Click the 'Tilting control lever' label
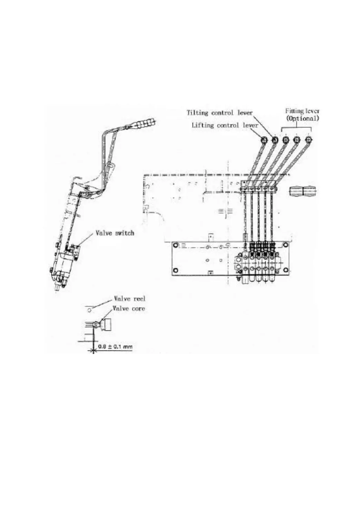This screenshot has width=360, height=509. click(220, 113)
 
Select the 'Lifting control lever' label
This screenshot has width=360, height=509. click(225, 125)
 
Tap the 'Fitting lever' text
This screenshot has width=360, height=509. click(302, 111)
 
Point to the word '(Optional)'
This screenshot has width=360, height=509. click(302, 118)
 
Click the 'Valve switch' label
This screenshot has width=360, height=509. click(115, 233)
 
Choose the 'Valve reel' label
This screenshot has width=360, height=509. click(129, 299)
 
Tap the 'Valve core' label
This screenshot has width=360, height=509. click(129, 308)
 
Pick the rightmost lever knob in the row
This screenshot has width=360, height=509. click(309, 140)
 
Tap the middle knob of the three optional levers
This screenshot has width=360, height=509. click(297, 140)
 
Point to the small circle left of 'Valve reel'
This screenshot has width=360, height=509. click(90, 310)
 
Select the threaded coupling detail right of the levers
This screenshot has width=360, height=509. click(302, 191)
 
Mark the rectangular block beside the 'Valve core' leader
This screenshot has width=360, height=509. click(108, 325)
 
